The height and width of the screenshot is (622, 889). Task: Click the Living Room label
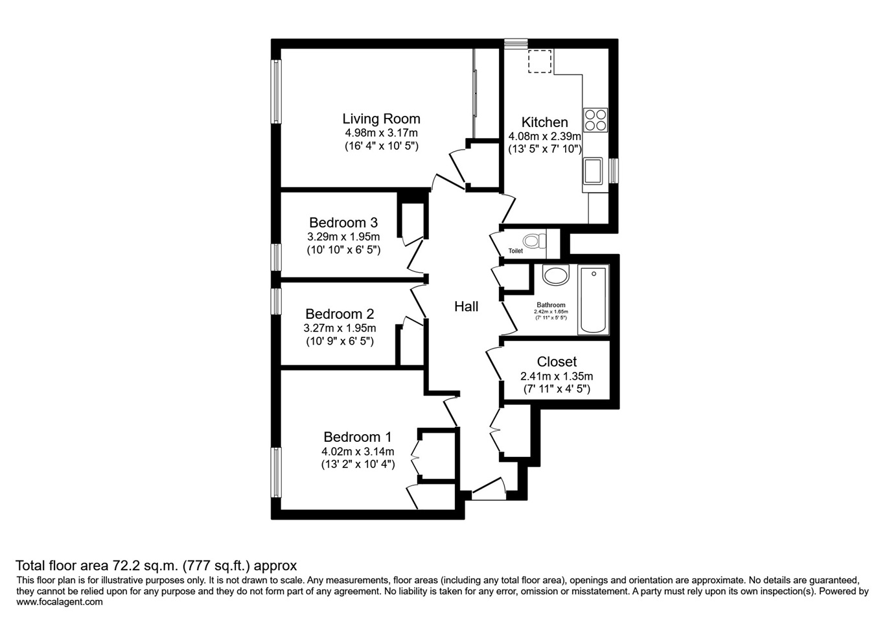pos(381,119)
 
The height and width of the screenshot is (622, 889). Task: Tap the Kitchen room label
pos(544,122)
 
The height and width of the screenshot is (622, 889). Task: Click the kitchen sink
pos(593,171)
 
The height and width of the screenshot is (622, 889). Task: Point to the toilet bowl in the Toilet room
pos(533,242)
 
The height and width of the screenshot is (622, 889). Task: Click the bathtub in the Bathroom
pos(594,300)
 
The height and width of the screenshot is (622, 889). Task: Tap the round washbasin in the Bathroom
pos(555,275)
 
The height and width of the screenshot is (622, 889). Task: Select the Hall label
pos(466,306)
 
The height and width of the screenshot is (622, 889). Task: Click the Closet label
pos(557,362)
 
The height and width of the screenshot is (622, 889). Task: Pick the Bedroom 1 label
pos(357,437)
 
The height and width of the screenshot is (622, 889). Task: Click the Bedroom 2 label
pos(340,314)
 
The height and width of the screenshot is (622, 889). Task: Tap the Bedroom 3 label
pos(343,222)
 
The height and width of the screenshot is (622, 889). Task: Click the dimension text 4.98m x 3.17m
pos(381,133)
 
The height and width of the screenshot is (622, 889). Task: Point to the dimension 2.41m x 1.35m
pos(557,376)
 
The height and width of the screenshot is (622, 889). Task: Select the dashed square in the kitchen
pos(539,62)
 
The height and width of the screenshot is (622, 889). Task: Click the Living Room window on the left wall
pos(277,91)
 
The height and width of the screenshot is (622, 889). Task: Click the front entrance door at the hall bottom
pos(488,491)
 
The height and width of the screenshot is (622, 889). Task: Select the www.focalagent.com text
pos(59,602)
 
